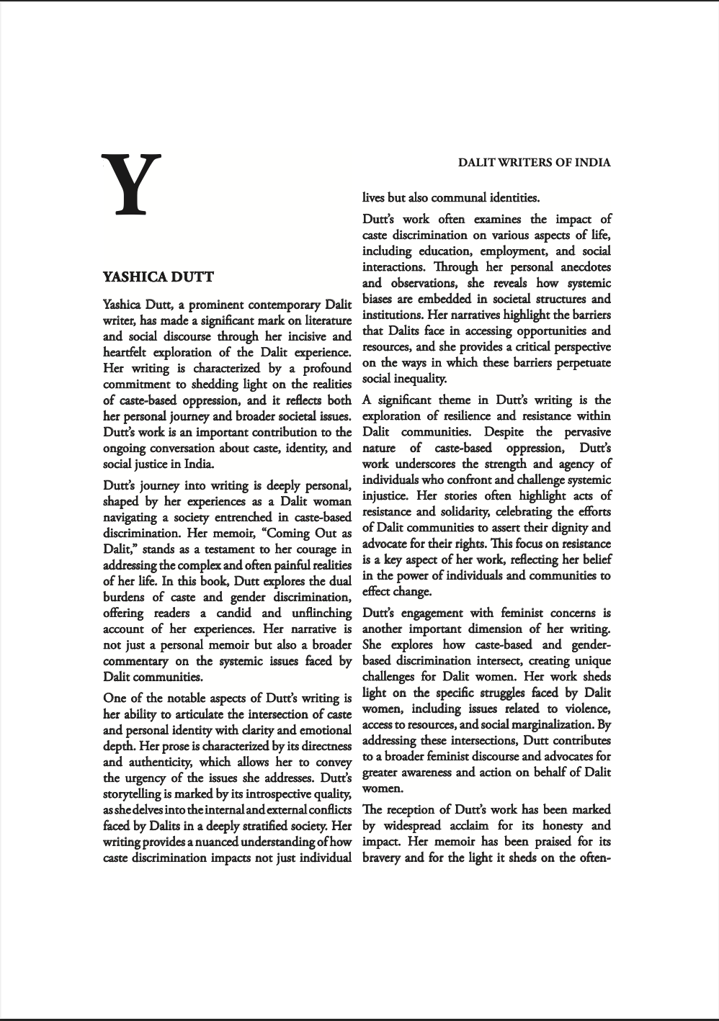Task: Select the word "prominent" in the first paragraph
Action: [216, 305]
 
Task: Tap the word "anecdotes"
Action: [585, 267]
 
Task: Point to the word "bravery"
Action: [382, 858]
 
